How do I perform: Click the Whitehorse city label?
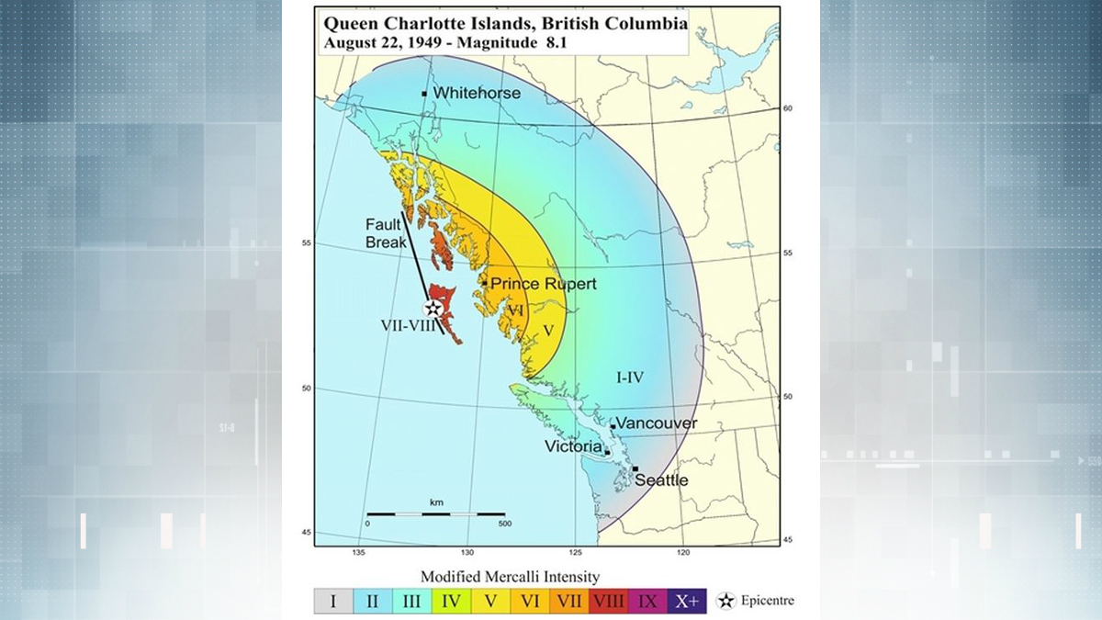tap(476, 93)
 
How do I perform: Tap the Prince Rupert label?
tap(543, 284)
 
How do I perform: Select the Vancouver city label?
tap(657, 423)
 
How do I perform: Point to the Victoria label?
tap(573, 447)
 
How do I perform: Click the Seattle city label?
tap(661, 480)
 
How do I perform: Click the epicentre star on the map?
tap(433, 310)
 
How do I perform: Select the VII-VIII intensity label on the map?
tap(408, 325)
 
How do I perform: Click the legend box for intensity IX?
tap(648, 602)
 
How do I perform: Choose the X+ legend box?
tap(688, 602)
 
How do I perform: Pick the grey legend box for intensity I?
tap(333, 602)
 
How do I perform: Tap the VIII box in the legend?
tap(609, 602)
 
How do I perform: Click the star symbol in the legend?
tap(726, 602)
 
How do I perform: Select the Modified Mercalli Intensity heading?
tap(510, 577)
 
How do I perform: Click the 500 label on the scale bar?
tap(503, 523)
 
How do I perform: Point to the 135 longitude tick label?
tap(359, 552)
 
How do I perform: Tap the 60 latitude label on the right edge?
tap(786, 108)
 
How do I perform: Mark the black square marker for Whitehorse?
tap(424, 94)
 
